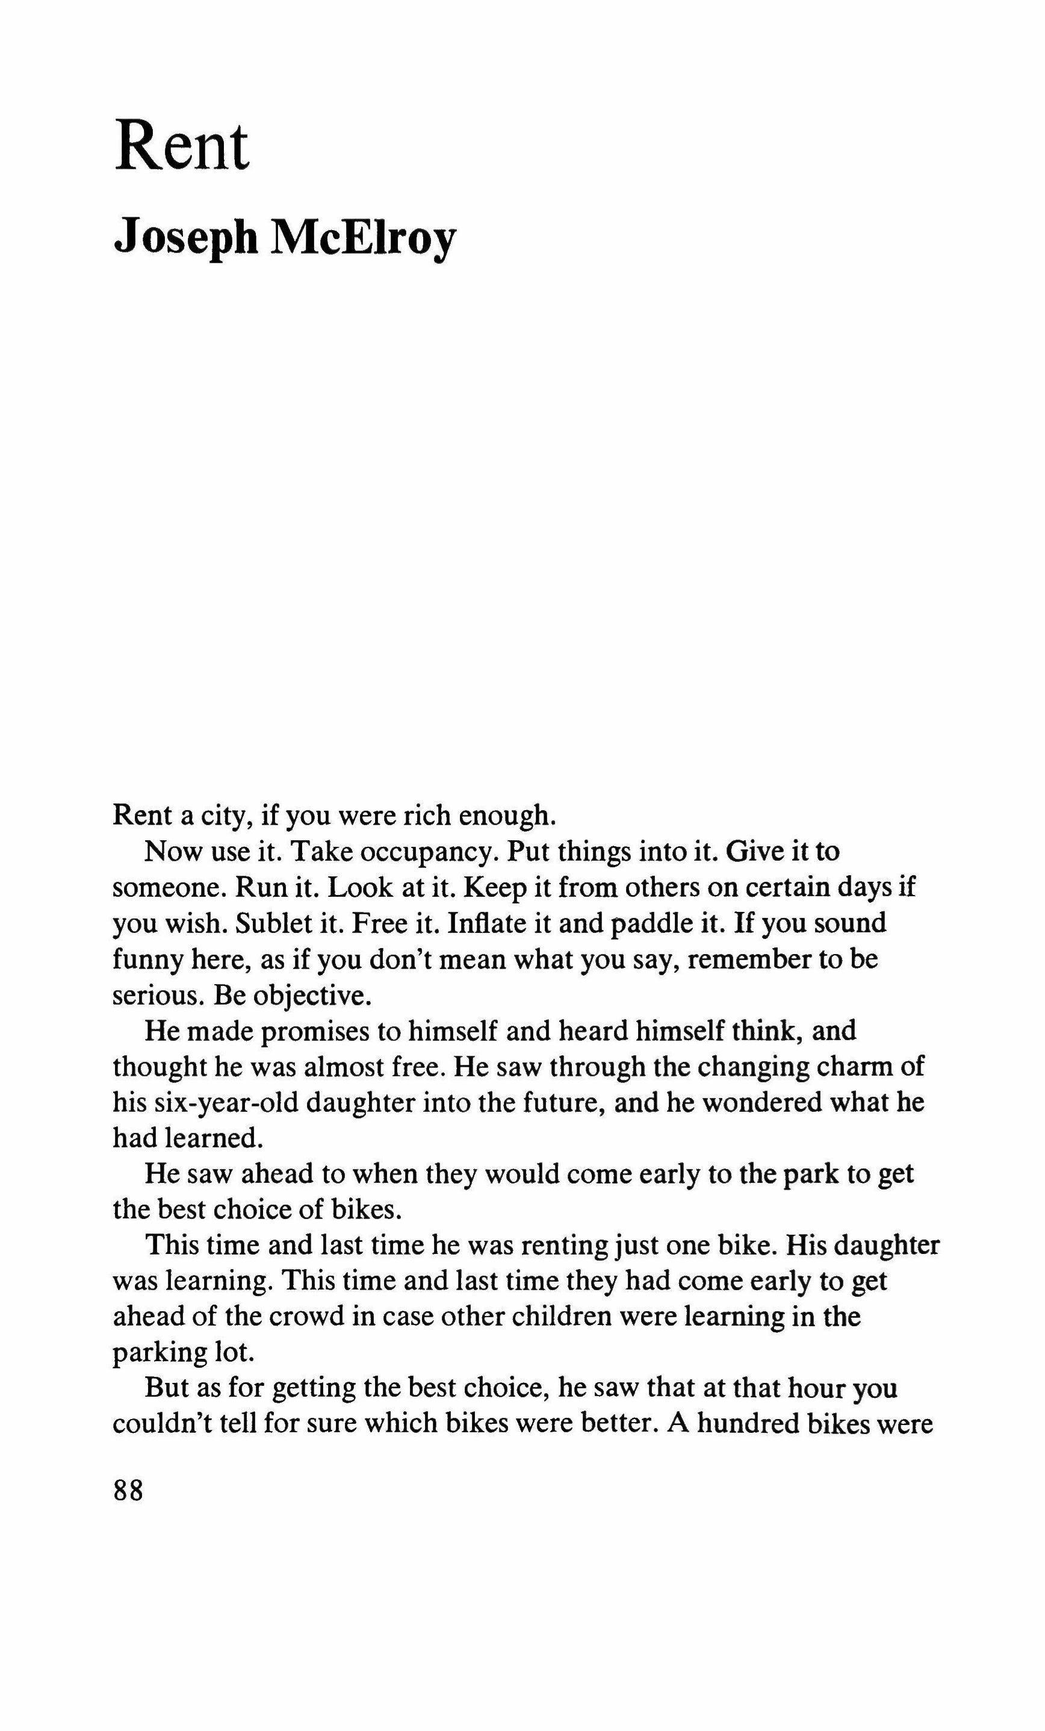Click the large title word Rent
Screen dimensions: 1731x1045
pyautogui.click(x=182, y=147)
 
